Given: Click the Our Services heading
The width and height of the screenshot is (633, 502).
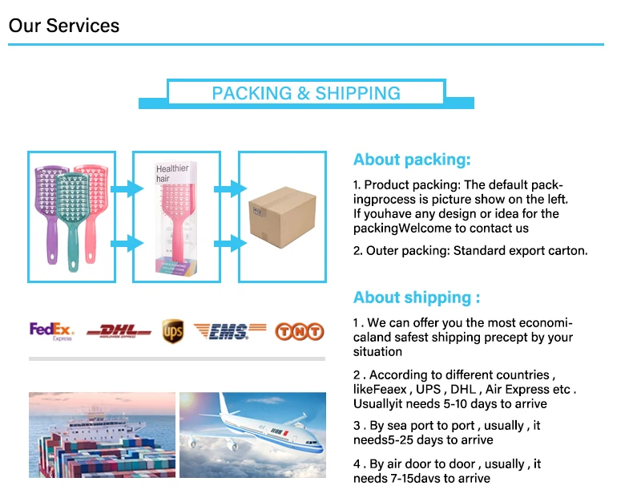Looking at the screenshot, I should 64,25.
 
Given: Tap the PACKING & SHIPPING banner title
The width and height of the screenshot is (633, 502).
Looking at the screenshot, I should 305,93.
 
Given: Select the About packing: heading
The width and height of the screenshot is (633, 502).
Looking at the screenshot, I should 412,160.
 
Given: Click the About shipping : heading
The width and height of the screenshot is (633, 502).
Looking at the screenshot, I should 417,298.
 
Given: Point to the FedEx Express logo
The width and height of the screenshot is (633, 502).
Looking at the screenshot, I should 51,331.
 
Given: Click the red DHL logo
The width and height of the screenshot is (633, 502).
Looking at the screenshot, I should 119,330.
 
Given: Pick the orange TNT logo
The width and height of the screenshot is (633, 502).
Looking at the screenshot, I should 299,330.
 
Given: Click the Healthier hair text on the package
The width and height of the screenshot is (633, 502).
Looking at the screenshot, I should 172,173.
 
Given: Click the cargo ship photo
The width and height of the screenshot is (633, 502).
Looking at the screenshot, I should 102,435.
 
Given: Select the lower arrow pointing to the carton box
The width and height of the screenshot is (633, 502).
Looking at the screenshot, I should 227,241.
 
